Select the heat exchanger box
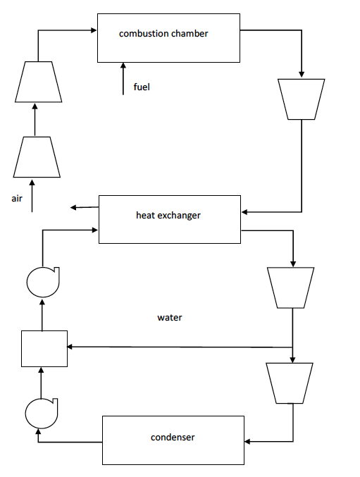coord(168,218)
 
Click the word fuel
coord(142,87)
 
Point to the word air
coord(18,199)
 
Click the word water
coord(169,318)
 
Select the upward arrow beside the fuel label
coord(123,78)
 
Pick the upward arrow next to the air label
coord(32,194)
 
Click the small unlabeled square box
coord(44,349)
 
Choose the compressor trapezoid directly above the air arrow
coord(36,156)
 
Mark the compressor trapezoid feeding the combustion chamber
coord(36,82)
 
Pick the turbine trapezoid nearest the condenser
coord(290,383)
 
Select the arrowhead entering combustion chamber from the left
coord(93,30)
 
